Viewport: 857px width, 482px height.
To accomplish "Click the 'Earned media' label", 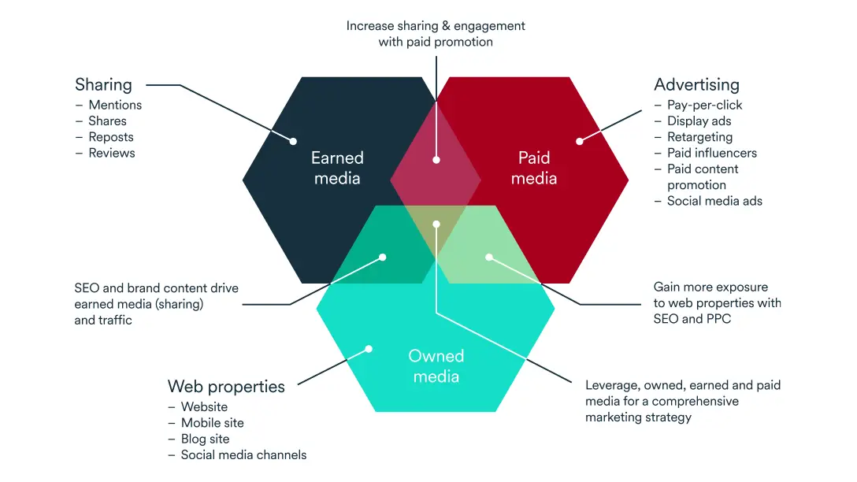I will pos(337,168).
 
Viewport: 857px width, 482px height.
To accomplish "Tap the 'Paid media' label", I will pos(534,168).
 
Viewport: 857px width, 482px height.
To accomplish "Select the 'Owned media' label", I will pos(436,366).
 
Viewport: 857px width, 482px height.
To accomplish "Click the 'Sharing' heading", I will pos(103,84).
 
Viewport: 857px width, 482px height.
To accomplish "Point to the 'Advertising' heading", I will pos(696,84).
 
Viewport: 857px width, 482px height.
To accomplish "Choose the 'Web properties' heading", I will pos(226,387).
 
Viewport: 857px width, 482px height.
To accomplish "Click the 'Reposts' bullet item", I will pos(111,137).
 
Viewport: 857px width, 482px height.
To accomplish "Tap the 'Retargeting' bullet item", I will pos(699,137).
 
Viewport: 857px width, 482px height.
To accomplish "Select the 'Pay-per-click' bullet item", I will pos(704,105).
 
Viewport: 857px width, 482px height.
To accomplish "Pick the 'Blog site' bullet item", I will pos(205,439).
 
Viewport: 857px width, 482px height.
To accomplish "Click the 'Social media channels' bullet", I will pos(243,454).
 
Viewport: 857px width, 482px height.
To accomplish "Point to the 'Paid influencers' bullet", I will pos(711,153).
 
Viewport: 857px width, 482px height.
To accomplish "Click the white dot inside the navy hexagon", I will pos(293,142).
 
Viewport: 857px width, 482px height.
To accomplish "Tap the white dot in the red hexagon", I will pos(579,142).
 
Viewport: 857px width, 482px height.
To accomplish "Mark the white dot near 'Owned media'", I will pos(367,349).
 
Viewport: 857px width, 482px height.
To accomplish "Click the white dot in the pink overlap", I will pos(436,160).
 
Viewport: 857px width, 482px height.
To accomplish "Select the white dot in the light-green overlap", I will pos(488,257).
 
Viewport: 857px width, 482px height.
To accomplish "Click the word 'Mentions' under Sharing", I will pos(115,105).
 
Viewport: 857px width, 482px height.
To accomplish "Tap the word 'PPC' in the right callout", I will pos(718,319).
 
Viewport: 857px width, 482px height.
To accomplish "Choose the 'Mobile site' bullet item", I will pos(212,423).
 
